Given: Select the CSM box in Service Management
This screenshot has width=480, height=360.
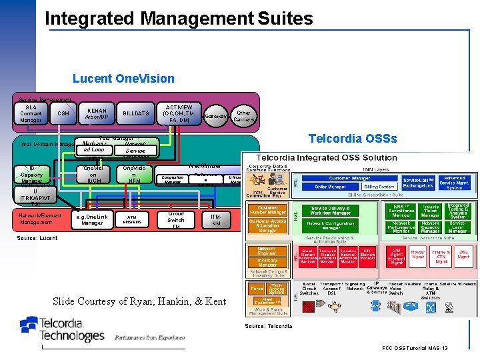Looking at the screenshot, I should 63,113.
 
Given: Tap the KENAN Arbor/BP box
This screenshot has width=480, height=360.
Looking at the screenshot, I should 97,114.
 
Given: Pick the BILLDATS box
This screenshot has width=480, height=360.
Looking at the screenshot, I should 136,114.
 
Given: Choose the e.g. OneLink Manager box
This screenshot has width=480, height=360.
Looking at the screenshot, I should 92,219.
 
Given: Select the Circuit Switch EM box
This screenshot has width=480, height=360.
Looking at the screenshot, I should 176,220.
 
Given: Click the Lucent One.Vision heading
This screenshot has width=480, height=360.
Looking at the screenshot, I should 123,79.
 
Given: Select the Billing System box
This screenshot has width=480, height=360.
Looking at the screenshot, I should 379,187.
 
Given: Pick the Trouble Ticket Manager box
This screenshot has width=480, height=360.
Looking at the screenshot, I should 431,211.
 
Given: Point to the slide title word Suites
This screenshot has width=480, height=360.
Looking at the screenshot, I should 280,18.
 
